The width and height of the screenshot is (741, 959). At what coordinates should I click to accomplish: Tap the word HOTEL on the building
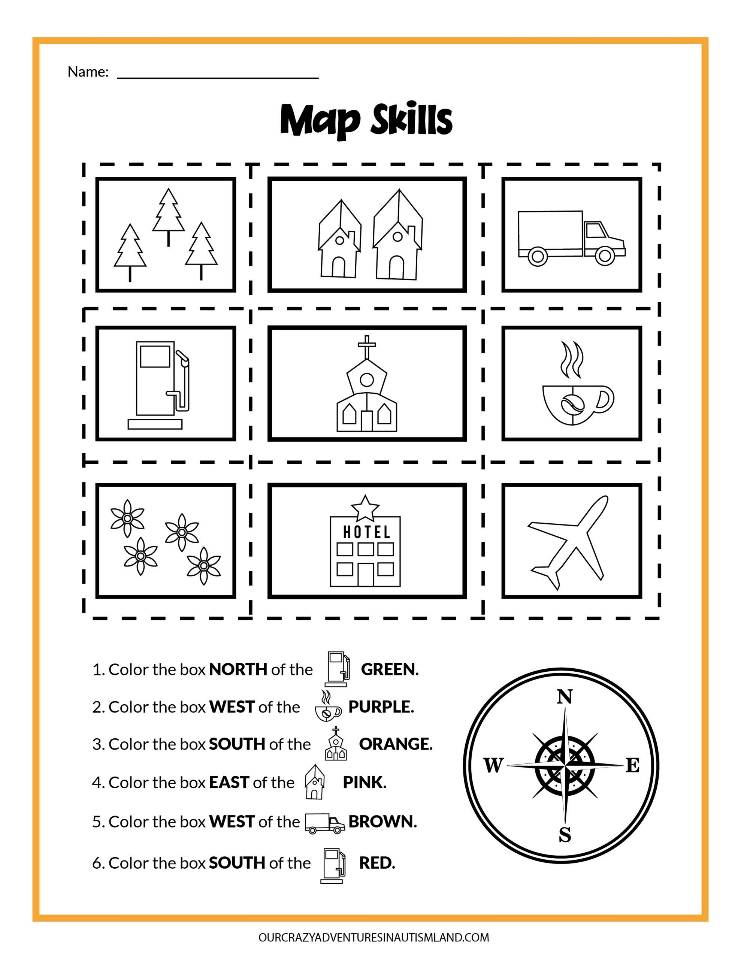click(366, 533)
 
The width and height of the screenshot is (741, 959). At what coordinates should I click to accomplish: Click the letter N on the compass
click(565, 697)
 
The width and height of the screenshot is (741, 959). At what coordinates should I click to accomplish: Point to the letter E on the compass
click(632, 767)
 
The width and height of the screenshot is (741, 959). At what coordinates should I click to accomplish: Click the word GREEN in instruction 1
click(389, 670)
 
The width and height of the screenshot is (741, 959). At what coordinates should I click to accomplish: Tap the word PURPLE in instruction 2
click(381, 707)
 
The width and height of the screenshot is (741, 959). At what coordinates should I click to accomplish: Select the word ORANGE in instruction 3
click(395, 744)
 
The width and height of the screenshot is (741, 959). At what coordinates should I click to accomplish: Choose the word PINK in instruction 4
click(364, 783)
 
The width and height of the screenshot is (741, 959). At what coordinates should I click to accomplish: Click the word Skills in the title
click(411, 120)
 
